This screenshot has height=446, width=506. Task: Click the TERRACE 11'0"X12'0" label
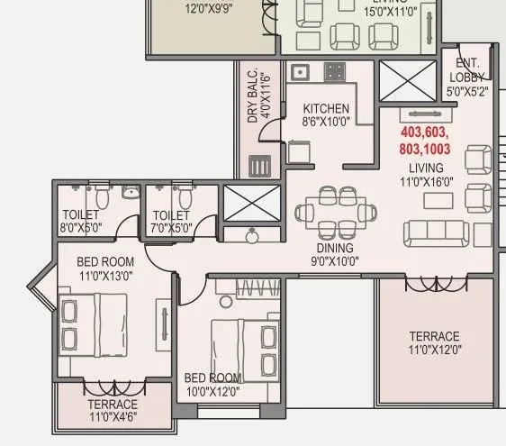434,343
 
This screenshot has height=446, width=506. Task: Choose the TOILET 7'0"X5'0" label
172,222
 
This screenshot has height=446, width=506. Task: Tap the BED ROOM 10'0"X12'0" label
212,384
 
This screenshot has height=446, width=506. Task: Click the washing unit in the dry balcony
258,166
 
